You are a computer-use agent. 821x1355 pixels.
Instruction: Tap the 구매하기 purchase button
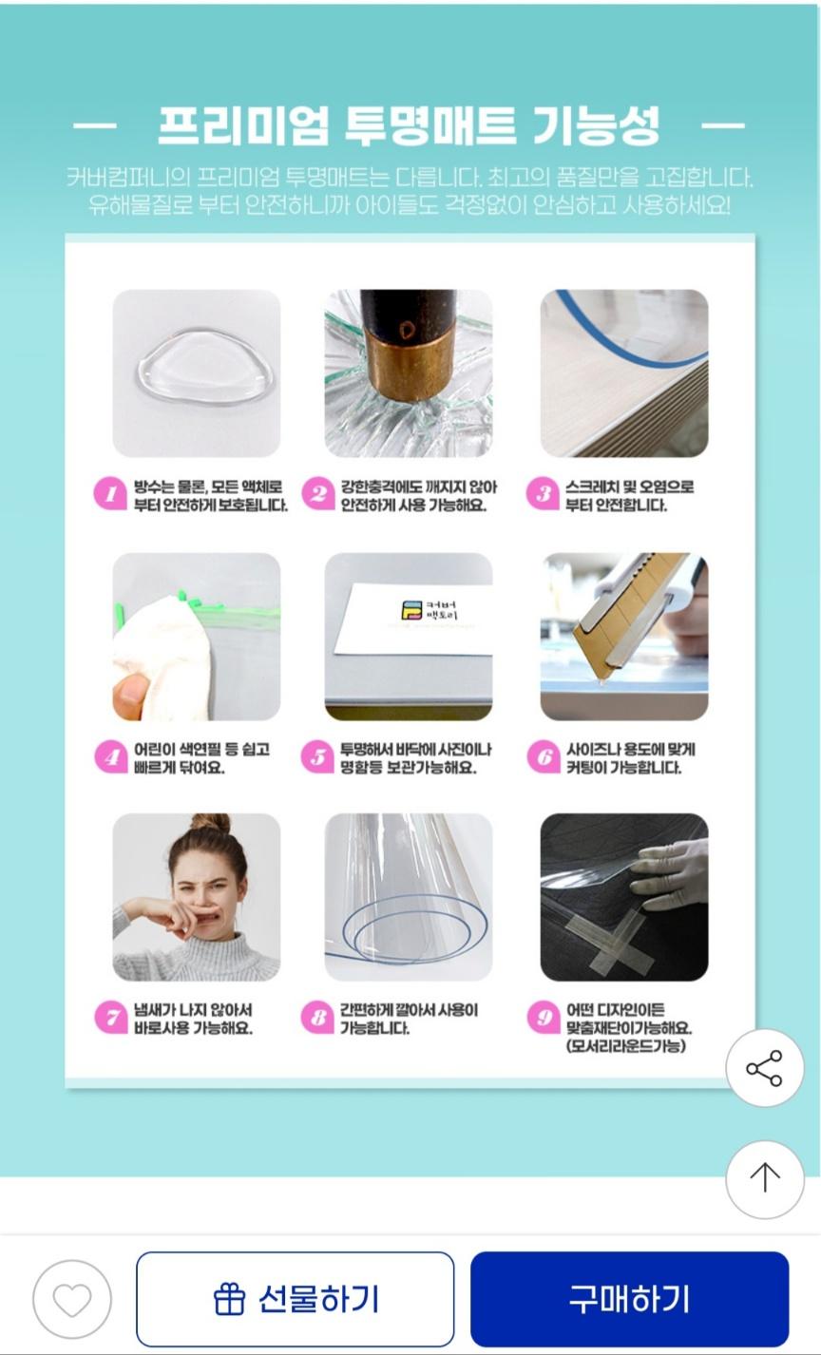pos(629,1299)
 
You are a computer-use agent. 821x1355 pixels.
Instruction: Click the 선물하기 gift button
pos(296,1299)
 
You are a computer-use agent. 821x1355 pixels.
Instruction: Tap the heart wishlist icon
pos(72,1299)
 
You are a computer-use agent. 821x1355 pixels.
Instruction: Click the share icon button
pos(765,1068)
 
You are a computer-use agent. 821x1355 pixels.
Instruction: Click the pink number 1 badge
pos(110,494)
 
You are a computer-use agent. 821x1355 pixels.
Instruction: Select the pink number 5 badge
pos(317,756)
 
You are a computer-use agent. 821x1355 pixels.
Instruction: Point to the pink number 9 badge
pos(544,1018)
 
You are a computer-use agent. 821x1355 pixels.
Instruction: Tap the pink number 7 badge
pos(111,1018)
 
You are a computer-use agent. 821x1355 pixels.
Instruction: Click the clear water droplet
pos(205,366)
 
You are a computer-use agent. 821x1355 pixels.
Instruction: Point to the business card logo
pos(411,610)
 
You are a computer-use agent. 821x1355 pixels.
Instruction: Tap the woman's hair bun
pos(211,823)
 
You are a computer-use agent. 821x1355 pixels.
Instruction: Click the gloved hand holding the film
pos(669,874)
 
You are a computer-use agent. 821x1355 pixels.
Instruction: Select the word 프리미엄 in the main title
pos(243,125)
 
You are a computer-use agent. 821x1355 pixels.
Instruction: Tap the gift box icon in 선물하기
pos(229,1299)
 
